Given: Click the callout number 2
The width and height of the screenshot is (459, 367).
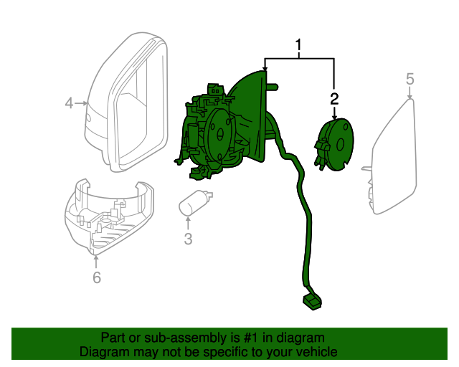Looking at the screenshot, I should pos(334,97).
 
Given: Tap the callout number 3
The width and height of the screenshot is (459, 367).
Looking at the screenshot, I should pos(188,239).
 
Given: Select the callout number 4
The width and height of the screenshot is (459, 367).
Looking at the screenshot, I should pos(70,103).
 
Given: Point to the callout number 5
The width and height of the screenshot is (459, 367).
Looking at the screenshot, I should pos(410,78).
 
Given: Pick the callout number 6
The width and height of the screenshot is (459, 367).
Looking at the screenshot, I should pos(97,277).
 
